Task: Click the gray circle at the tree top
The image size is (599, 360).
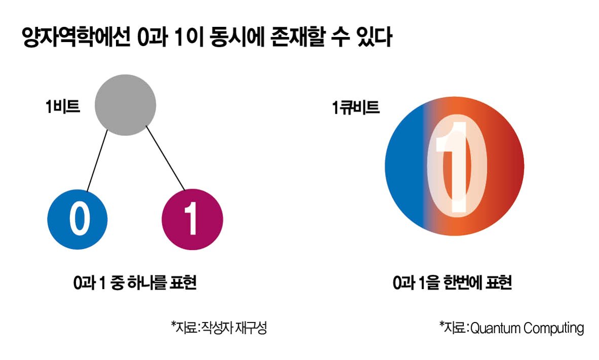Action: [x=126, y=105]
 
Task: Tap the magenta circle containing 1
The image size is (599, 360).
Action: [x=192, y=219]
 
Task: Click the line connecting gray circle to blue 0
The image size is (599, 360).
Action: [x=97, y=160]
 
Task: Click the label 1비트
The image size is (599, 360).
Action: [x=63, y=107]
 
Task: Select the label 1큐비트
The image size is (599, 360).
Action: [x=356, y=107]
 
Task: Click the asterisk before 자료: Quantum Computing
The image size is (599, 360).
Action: [x=442, y=324]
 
